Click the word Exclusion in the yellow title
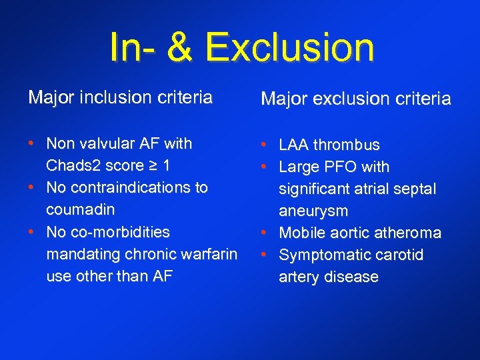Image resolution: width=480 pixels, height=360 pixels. coord(289,49)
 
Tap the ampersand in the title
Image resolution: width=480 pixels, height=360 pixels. coord(177,49)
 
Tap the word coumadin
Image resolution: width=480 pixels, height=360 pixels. coord(80,209)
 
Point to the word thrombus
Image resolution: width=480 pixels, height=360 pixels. coord(347,145)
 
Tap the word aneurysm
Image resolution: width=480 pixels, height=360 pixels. coord(313,211)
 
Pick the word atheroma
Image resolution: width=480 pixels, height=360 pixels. coord(409,233)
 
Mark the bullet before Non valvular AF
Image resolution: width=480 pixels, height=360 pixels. coord(32,143)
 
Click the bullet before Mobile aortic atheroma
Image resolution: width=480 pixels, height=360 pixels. coord(265,233)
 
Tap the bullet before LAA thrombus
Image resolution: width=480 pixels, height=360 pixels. coord(265,145)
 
